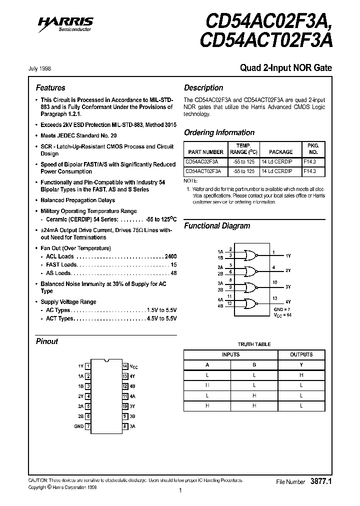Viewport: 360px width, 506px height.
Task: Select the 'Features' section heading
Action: (50, 87)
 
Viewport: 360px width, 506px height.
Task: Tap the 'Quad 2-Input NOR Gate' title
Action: (286, 68)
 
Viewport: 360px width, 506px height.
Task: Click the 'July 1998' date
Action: (39, 68)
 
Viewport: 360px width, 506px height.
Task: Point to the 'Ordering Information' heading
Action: (219, 132)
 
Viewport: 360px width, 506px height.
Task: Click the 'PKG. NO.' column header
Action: (313, 148)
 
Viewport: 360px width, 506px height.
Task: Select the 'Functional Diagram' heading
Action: (217, 225)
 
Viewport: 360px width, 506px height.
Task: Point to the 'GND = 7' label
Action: (282, 310)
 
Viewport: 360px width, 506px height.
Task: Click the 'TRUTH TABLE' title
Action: (254, 344)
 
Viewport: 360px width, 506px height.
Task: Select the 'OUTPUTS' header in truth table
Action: (301, 354)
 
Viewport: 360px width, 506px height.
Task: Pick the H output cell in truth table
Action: (301, 375)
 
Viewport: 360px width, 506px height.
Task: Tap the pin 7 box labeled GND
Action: (88, 426)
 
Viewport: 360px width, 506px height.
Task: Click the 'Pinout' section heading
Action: (47, 341)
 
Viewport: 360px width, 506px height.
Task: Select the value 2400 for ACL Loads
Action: (170, 256)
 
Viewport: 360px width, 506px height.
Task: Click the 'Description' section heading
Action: (203, 87)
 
